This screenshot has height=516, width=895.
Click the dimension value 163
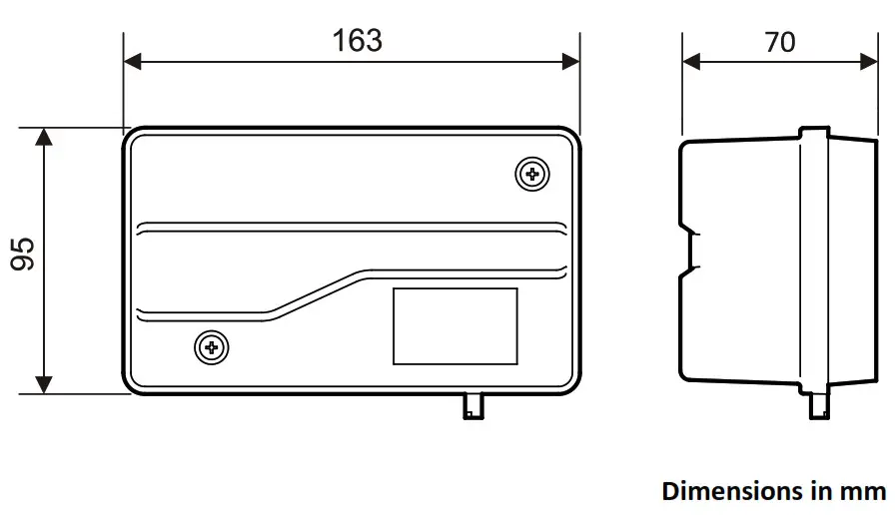(357, 40)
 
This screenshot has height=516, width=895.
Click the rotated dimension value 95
(23, 254)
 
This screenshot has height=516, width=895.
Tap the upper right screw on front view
(532, 175)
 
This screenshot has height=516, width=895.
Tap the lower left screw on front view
(210, 347)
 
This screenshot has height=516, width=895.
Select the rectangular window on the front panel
(454, 326)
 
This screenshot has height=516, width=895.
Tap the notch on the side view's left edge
(689, 254)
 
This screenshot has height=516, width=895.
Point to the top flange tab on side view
(815, 133)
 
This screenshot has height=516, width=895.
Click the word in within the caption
(822, 491)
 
